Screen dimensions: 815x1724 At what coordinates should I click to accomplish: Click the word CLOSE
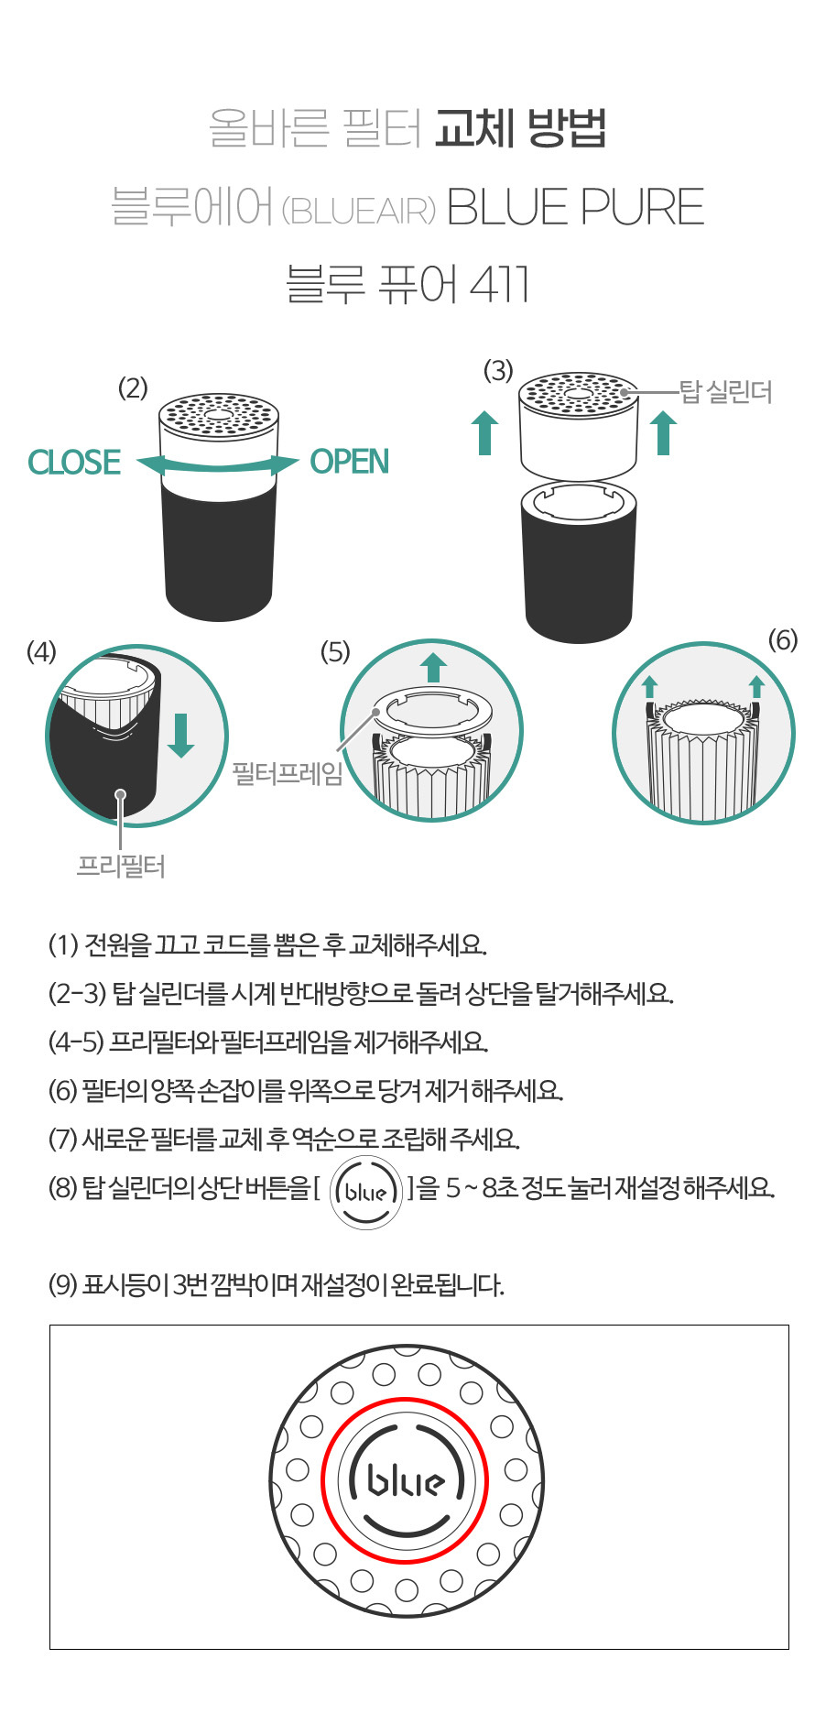click(74, 462)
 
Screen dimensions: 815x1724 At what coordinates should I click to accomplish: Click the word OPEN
click(350, 462)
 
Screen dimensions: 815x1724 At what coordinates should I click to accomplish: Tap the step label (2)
click(133, 388)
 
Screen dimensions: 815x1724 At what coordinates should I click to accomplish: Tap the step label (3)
click(498, 370)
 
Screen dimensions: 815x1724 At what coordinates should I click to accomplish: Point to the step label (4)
click(41, 651)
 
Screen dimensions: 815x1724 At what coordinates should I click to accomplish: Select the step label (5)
click(335, 651)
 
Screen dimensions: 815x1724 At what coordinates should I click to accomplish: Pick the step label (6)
click(783, 639)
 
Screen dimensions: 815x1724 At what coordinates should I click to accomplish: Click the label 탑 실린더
click(725, 392)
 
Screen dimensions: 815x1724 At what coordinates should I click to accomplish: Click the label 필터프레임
click(288, 773)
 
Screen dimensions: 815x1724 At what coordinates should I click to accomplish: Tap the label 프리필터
click(121, 866)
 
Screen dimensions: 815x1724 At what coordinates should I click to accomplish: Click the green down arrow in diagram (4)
click(181, 735)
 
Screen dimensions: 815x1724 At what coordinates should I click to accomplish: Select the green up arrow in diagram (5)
click(433, 668)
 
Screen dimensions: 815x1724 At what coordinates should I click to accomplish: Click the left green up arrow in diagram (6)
click(649, 688)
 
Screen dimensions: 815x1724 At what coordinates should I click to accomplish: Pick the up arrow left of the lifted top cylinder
click(485, 433)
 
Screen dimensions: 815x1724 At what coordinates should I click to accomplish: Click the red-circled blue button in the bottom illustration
click(406, 1481)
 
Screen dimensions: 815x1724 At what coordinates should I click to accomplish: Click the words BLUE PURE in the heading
click(575, 207)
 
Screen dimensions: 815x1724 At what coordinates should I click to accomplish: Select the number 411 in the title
click(499, 284)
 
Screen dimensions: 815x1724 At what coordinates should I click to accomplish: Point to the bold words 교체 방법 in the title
click(520, 128)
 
